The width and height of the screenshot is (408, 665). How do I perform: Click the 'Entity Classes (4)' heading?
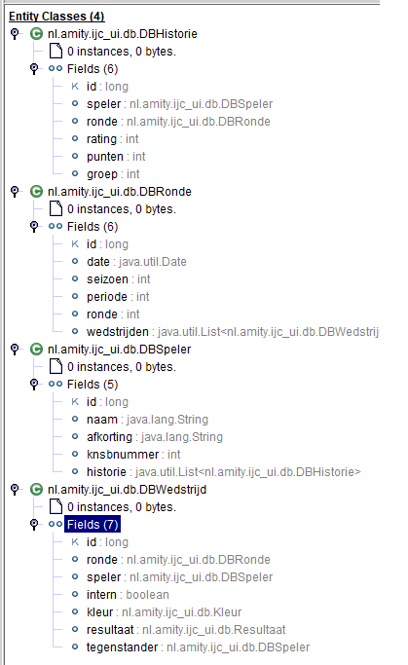click(56, 17)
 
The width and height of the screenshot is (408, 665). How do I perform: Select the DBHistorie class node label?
click(122, 34)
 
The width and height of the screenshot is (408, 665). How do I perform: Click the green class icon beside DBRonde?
click(36, 192)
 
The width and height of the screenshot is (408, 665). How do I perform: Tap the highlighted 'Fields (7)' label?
click(93, 525)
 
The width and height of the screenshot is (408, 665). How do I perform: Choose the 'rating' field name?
click(101, 139)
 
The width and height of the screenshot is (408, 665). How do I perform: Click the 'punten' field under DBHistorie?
click(105, 157)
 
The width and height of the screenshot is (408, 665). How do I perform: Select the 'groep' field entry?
click(102, 174)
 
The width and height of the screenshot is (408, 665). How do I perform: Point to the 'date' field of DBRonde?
click(98, 262)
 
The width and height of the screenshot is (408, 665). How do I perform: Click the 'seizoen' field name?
click(107, 279)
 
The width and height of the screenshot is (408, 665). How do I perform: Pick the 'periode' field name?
click(107, 297)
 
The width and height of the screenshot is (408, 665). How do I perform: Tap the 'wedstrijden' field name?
click(118, 332)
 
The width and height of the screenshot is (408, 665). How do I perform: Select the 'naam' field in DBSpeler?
click(102, 420)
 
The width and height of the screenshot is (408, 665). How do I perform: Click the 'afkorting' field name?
click(109, 437)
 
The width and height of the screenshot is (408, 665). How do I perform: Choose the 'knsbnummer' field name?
click(123, 455)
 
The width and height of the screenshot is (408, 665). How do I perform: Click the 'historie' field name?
click(106, 472)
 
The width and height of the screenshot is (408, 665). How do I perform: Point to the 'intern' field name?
click(101, 595)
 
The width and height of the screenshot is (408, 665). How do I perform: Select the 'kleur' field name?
click(99, 612)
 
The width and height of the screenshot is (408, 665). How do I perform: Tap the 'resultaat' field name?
click(110, 630)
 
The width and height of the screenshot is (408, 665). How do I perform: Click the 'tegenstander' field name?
click(122, 647)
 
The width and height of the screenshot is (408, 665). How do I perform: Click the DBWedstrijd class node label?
click(127, 490)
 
